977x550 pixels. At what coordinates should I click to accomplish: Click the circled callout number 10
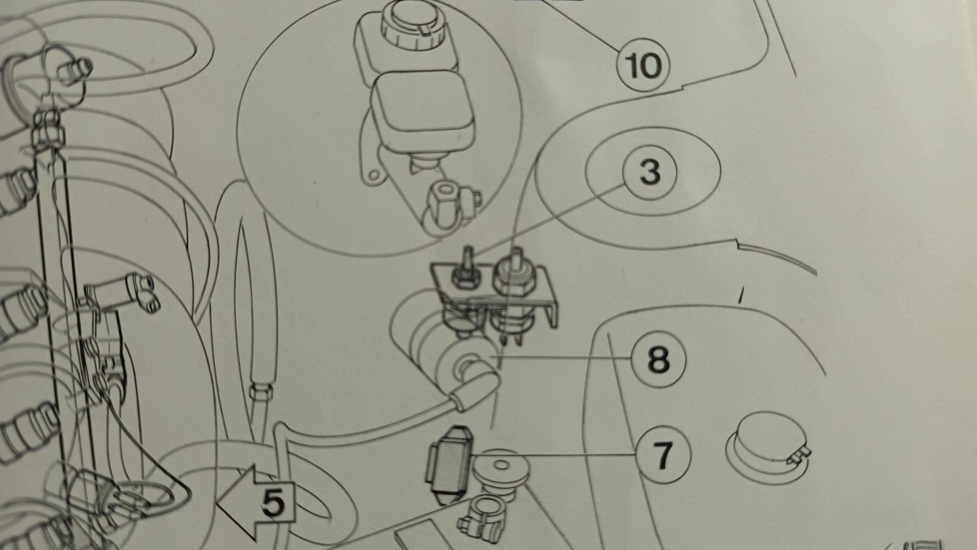[x=642, y=64]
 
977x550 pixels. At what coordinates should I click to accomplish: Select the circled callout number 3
[x=650, y=172]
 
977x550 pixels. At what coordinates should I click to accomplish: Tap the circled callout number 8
[x=658, y=359]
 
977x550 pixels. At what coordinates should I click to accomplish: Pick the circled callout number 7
[x=663, y=456]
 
